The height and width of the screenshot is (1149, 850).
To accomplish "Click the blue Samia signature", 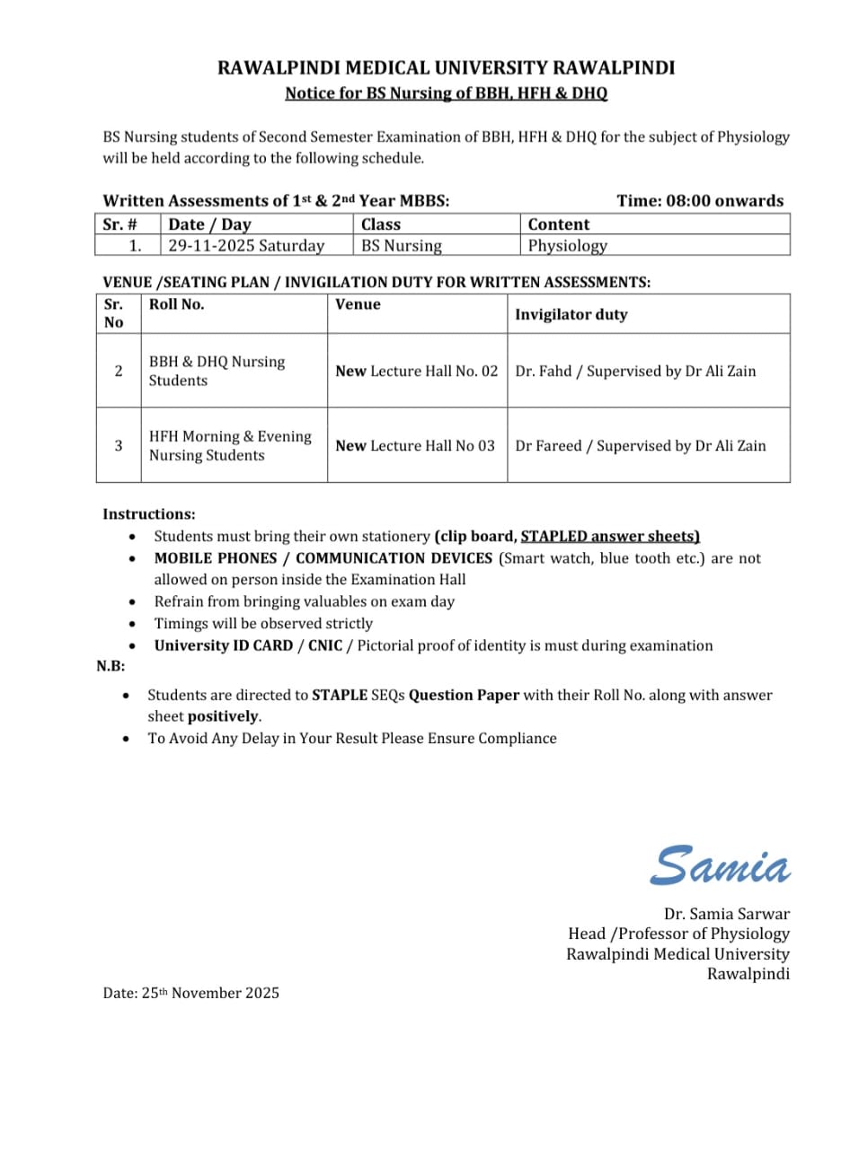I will point(721,865).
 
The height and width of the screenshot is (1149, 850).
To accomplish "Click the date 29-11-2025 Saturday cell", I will point(246,245).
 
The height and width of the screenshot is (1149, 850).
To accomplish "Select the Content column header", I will point(558,224).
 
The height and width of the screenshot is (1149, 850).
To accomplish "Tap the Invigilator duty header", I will point(571,314).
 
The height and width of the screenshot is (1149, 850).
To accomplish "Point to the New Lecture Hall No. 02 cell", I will point(416,371).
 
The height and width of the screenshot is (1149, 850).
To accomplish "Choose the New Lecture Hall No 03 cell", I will point(414,445).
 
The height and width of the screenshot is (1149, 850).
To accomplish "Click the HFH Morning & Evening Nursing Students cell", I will point(230,445).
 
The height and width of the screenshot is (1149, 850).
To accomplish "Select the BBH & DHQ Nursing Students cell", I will point(217,371).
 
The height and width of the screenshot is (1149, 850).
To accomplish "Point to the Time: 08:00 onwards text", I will point(700,200).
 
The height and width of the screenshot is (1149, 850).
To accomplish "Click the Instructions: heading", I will point(148,514).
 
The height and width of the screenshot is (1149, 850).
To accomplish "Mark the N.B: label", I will point(111,666).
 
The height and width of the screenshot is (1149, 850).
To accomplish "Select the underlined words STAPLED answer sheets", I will point(610,536).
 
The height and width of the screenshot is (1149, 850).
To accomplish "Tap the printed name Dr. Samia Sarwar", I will point(726,914).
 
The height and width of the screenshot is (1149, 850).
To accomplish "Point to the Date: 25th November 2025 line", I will point(190,993).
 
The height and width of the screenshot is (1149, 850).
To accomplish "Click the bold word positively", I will point(223,716).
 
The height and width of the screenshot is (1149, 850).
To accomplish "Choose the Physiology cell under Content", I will point(567,245).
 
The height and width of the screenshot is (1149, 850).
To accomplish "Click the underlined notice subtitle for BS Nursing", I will point(446,92).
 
